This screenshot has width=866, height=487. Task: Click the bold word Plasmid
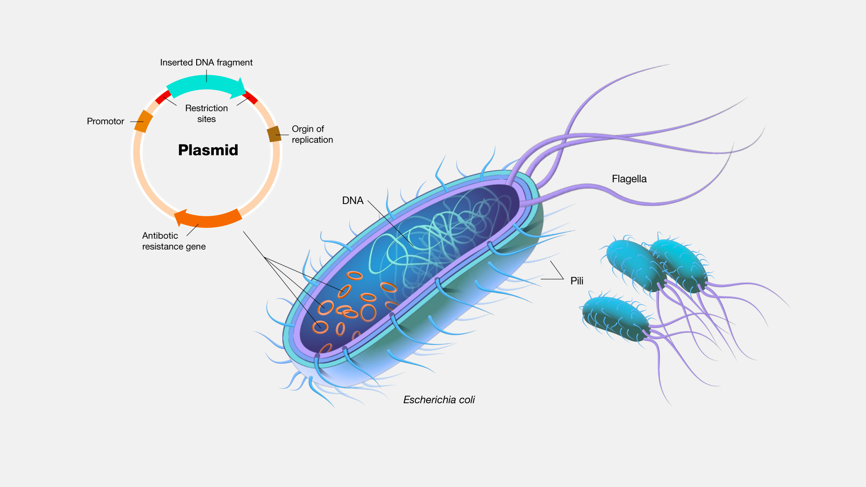pos(208,150)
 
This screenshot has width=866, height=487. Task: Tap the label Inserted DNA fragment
pos(206,63)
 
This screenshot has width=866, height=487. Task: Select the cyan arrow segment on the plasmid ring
pos(205,84)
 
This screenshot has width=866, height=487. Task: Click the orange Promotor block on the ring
pos(143,121)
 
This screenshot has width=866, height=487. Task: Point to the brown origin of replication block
pos(274,134)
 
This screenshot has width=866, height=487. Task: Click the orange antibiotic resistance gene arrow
pos(208,219)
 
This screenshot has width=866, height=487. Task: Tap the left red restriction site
pos(163,97)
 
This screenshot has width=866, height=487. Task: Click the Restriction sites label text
pos(207,114)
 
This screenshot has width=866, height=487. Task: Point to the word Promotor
pos(105,121)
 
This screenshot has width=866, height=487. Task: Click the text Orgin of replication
pos(312,134)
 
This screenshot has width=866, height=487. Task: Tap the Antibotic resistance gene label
pos(173,241)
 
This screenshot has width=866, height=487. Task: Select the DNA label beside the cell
pos(352,200)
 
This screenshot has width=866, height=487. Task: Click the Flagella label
pos(629,179)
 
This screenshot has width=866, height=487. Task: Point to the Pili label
pos(576,281)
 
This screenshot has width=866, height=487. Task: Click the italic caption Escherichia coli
pos(438,400)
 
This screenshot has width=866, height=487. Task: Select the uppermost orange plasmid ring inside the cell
pos(355,275)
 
